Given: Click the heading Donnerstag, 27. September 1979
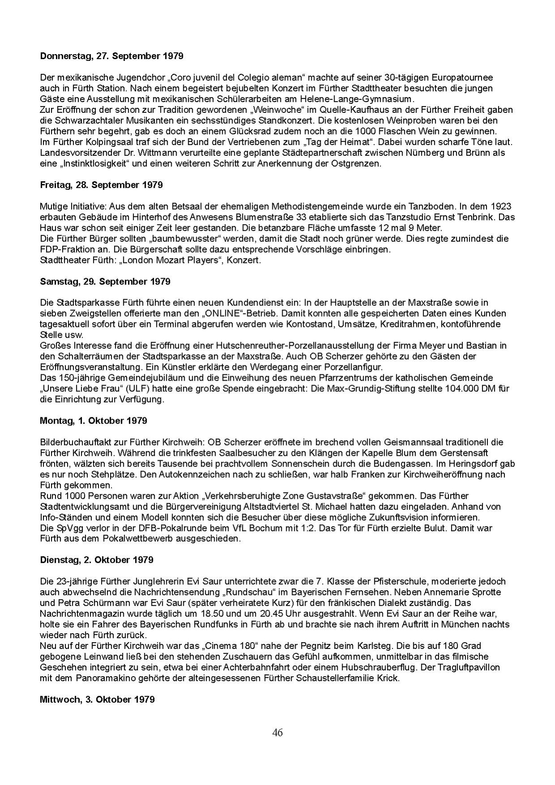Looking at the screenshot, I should tap(112, 56).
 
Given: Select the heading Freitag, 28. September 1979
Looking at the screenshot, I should tap(101, 185).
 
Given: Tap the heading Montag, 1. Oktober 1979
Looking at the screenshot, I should tap(93, 421).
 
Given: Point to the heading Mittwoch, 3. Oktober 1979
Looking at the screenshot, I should tap(97, 699).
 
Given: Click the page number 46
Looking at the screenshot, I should tap(277, 733).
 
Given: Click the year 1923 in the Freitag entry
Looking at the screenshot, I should tap(501, 206).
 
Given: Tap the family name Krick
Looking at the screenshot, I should tap(387, 678).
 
